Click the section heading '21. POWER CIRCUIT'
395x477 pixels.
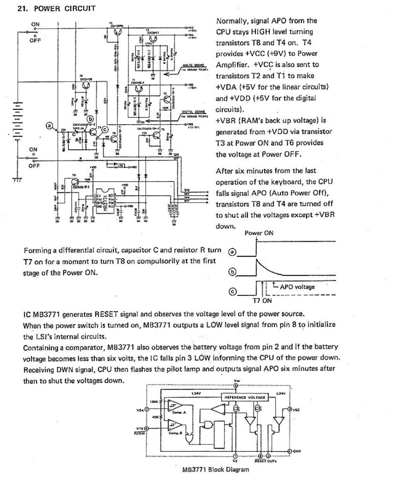[57, 8]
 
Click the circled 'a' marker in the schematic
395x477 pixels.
[49, 125]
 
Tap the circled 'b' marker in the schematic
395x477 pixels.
[90, 118]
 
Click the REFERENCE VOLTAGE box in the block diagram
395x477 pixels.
[244, 397]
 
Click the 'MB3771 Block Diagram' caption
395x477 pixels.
[216, 470]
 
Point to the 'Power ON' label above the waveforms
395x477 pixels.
[259, 233]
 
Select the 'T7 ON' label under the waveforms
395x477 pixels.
[262, 300]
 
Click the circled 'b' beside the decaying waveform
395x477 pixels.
[232, 272]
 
